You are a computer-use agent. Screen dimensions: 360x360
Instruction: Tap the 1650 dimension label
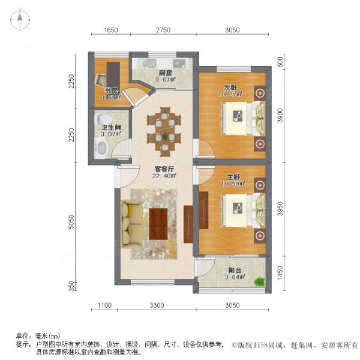pyautogui.click(x=110, y=30)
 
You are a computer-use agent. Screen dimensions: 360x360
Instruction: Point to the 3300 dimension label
pyautogui.click(x=157, y=306)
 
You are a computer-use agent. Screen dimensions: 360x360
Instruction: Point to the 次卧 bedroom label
pyautogui.click(x=229, y=86)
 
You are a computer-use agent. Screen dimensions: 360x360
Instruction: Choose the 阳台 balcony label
pyautogui.click(x=230, y=269)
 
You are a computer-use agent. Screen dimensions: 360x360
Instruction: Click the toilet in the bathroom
pyautogui.click(x=99, y=146)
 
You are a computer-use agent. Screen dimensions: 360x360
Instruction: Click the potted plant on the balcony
pyautogui.click(x=259, y=281)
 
